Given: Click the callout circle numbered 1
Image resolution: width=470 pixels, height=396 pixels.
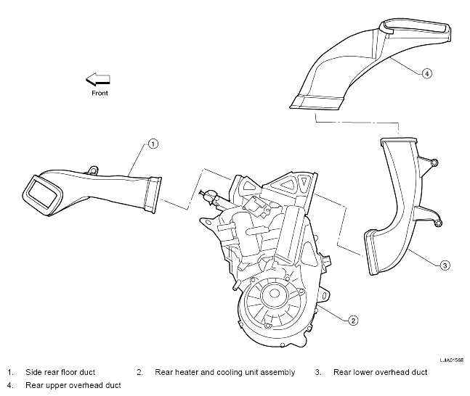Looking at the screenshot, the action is [x=153, y=144].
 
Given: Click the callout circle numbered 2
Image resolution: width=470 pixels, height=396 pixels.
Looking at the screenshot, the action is [x=353, y=321].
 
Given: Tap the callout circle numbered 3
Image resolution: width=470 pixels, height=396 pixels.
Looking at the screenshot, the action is [x=445, y=265].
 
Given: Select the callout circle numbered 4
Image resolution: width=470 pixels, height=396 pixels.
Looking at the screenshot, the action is [x=427, y=73].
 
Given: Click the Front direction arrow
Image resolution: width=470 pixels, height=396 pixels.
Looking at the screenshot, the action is [x=98, y=79].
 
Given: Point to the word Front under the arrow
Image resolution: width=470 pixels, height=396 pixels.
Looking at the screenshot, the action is [x=100, y=93].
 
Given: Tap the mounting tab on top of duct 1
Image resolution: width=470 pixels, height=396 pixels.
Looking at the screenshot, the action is [x=93, y=170].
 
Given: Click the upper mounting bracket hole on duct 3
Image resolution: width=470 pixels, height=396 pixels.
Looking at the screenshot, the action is [x=434, y=162].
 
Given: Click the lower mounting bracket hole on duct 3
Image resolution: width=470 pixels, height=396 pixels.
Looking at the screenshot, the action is [x=438, y=223].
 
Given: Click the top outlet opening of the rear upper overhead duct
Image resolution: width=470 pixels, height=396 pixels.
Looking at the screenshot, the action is [x=415, y=28].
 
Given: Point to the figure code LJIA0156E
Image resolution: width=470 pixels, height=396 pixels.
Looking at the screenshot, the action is [x=452, y=360].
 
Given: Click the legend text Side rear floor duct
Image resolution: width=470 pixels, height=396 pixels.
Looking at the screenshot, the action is [x=60, y=372].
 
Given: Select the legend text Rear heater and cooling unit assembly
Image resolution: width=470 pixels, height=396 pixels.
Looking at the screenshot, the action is [x=224, y=372].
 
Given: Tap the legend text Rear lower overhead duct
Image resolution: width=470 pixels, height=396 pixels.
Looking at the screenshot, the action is [x=381, y=372].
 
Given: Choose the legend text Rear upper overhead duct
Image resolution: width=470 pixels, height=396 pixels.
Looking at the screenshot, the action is [x=73, y=385].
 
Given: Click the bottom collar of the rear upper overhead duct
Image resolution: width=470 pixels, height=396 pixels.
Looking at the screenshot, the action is [x=317, y=103].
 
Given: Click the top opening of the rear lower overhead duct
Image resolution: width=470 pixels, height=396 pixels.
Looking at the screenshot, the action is [x=398, y=141].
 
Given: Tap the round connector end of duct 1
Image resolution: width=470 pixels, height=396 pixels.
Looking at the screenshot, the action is [x=153, y=195].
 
